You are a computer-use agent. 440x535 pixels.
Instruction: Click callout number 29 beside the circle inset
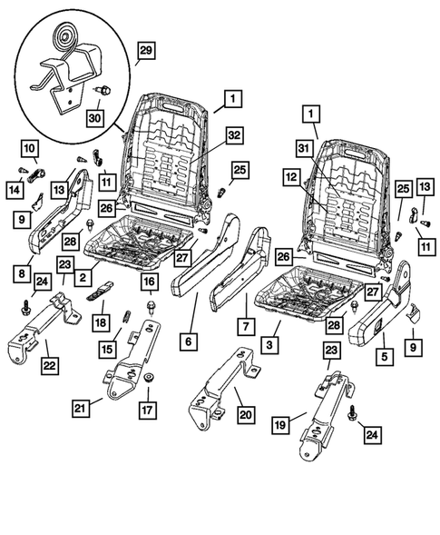[145, 51]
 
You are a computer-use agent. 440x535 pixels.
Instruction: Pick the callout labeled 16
[148, 282]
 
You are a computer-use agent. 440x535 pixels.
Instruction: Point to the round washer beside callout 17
[148, 378]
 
